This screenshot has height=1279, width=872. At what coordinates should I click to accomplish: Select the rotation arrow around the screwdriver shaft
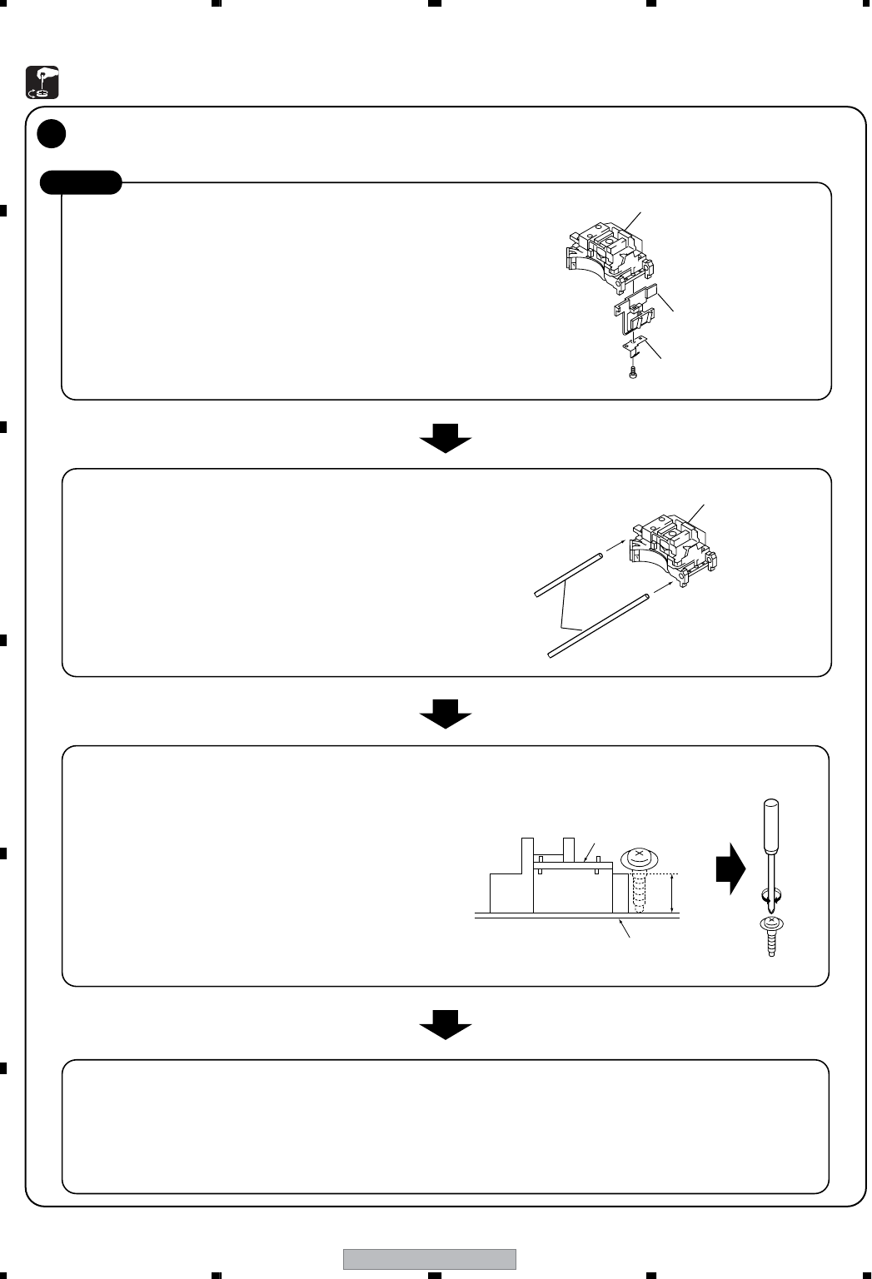pyautogui.click(x=771, y=898)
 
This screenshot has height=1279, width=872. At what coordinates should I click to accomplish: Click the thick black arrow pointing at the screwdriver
pyautogui.click(x=730, y=868)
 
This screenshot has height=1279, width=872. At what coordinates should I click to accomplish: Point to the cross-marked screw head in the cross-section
pyautogui.click(x=639, y=857)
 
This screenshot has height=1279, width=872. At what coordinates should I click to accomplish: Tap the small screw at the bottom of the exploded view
pyautogui.click(x=633, y=372)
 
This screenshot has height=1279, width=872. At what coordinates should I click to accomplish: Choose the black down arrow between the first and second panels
pyautogui.click(x=446, y=436)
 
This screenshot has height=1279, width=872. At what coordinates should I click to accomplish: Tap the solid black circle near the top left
pyautogui.click(x=52, y=133)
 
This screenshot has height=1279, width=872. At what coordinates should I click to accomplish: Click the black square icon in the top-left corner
pyautogui.click(x=42, y=81)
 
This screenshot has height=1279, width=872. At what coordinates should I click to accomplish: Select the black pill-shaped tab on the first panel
pyautogui.click(x=82, y=182)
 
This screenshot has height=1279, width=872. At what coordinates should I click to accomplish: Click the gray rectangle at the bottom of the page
pyautogui.click(x=430, y=1259)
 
